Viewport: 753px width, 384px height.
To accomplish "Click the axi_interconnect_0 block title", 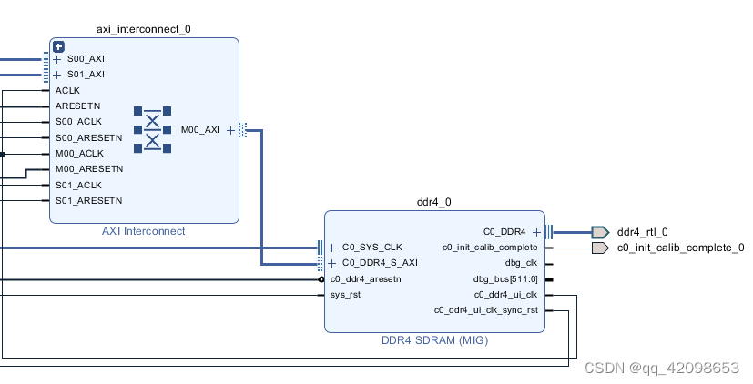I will [x=144, y=28].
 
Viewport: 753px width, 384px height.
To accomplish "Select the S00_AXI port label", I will [x=86, y=59].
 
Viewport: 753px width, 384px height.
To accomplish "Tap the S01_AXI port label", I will [x=86, y=75].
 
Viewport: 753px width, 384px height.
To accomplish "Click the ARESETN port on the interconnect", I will [x=77, y=106].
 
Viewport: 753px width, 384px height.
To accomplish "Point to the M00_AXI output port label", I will [x=199, y=130].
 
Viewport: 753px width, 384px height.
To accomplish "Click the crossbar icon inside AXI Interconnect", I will [x=152, y=130].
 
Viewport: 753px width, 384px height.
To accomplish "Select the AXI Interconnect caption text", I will [x=144, y=231].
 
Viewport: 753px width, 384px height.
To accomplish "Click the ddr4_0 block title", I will [x=434, y=202].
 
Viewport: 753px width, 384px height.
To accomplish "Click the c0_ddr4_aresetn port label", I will [x=366, y=279].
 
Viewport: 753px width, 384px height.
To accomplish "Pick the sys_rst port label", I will [x=345, y=295].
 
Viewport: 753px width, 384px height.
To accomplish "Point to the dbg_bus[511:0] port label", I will [x=505, y=279].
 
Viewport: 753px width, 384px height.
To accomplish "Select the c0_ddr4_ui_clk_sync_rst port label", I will [x=486, y=310].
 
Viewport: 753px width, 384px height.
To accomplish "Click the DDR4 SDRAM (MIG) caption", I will [x=434, y=340].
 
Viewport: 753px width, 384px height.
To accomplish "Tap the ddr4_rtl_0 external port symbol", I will [x=599, y=232].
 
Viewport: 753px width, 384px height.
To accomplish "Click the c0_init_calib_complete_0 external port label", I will [x=680, y=248].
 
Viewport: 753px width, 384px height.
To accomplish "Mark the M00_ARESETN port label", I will [x=88, y=168].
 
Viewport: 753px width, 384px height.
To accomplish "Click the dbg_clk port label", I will [x=521, y=263].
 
